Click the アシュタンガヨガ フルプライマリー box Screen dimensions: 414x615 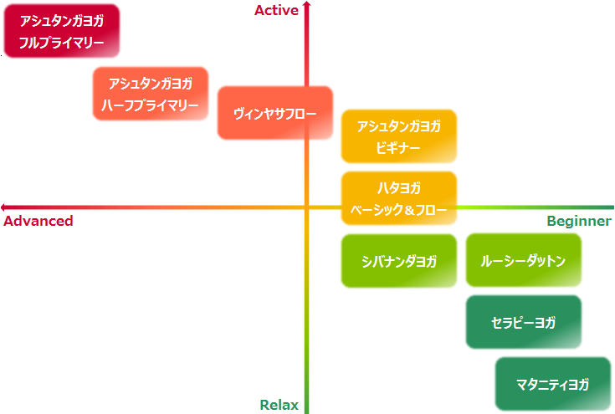61,32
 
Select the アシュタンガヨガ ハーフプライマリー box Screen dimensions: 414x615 151,94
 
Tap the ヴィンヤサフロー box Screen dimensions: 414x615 274,113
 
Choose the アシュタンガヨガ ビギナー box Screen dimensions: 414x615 398,136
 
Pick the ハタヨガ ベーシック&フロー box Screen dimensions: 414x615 398,198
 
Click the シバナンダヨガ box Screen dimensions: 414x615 398,261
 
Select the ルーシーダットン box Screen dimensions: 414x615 523,261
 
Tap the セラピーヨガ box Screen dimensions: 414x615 523,322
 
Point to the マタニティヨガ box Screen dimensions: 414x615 552,385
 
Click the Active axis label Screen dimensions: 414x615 276,10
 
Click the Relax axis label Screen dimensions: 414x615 279,405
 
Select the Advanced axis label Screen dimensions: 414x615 38,222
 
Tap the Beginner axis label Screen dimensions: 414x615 579,222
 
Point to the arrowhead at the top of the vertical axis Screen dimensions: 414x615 307,5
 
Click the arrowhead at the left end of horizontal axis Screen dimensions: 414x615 5,207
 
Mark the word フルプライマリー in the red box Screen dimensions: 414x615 61,42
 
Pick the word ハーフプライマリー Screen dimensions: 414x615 151,105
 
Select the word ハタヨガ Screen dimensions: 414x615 398,188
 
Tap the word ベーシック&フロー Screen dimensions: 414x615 398,209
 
